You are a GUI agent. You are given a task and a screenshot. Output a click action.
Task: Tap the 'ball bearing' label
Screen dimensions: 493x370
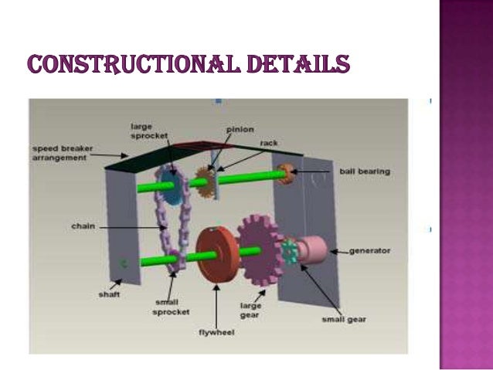(x=364, y=171)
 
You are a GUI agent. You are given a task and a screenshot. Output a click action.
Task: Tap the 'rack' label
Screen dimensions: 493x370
(x=269, y=143)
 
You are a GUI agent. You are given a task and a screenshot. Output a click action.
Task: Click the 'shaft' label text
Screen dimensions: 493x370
(x=109, y=294)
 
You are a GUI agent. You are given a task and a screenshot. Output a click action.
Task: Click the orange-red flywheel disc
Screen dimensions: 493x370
(x=214, y=254)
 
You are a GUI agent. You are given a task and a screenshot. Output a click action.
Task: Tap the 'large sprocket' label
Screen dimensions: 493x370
(x=147, y=133)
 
